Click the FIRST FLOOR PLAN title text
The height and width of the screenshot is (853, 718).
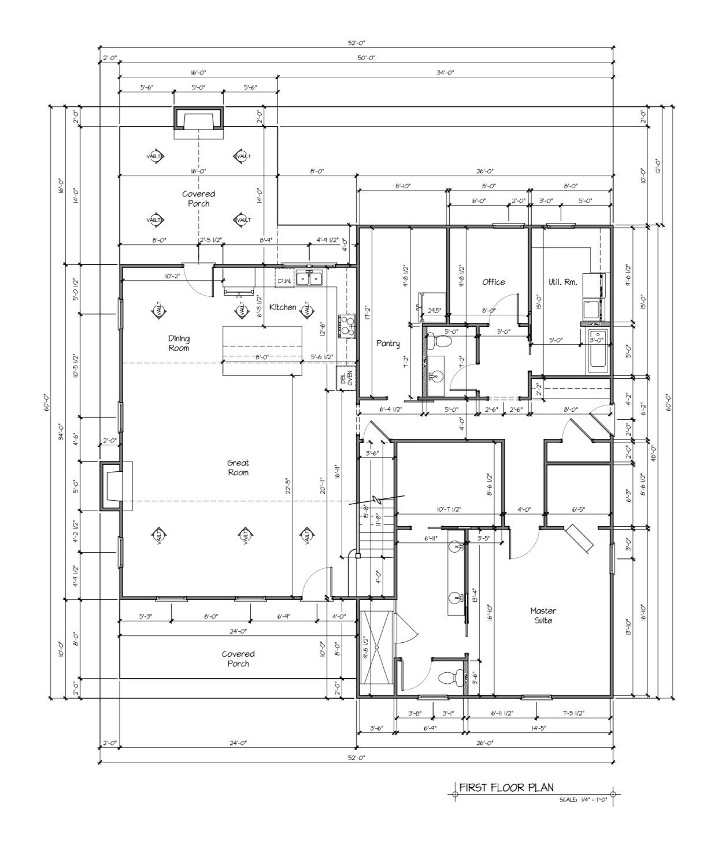(506, 787)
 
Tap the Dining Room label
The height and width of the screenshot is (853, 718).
(179, 343)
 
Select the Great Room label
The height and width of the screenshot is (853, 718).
(238, 467)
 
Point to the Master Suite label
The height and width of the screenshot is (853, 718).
(543, 616)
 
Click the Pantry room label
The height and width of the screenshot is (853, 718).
(388, 343)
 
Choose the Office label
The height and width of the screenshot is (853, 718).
(493, 282)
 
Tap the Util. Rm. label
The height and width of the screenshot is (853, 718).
(562, 282)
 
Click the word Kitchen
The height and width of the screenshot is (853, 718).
(283, 307)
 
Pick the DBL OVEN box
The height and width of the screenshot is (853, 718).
(346, 378)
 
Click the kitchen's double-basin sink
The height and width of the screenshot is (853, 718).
(310, 279)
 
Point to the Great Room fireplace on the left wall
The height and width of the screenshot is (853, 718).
(112, 486)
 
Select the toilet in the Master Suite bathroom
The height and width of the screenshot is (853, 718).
(450, 676)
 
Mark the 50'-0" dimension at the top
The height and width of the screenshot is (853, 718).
(367, 58)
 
